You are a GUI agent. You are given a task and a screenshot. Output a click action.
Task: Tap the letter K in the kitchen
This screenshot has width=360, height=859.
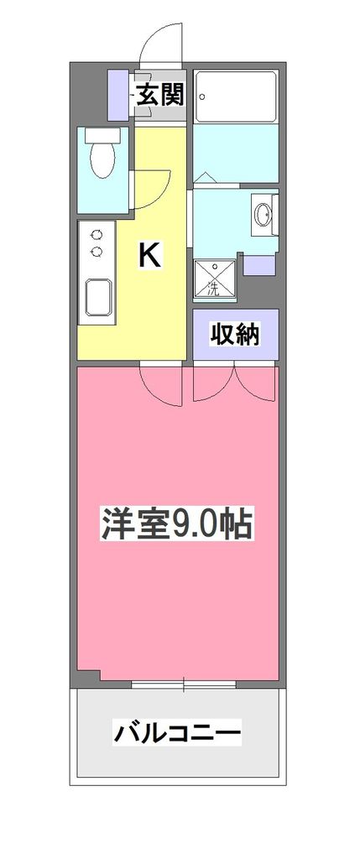tap(149, 254)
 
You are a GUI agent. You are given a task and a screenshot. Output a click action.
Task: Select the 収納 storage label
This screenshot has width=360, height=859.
tap(234, 334)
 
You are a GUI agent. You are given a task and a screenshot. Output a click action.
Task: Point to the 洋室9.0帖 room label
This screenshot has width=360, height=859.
tap(178, 524)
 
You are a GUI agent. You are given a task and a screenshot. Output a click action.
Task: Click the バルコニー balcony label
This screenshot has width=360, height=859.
tap(178, 734)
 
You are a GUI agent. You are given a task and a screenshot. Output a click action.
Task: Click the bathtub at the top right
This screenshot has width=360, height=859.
tap(236, 96)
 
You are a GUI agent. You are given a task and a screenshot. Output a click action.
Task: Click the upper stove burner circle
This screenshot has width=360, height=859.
tap(97, 235)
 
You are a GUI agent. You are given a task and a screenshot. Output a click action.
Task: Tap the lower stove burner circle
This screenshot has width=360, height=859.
tap(97, 251)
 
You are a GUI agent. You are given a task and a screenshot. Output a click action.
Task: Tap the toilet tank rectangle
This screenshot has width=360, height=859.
tap(103, 133)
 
